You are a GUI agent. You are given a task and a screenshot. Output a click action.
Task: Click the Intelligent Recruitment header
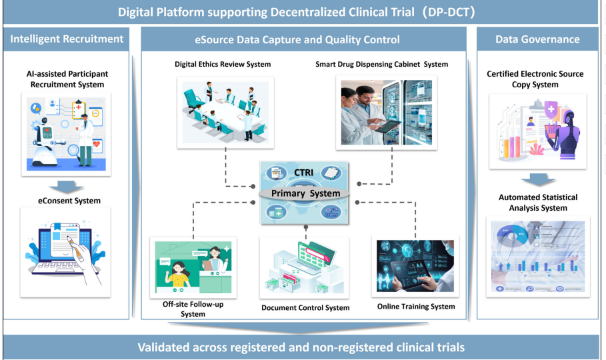[x=67, y=39]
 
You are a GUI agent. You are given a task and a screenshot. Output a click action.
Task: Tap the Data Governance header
[x=537, y=39]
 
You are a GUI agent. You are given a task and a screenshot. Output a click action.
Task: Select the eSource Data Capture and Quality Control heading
[x=297, y=39]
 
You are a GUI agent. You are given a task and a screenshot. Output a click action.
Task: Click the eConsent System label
[x=69, y=201]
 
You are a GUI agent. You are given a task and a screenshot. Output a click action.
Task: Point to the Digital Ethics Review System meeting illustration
[x=226, y=113]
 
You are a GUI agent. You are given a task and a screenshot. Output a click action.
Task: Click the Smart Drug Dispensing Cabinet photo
[x=387, y=113]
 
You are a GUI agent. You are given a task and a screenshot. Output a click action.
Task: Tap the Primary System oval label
[x=306, y=193]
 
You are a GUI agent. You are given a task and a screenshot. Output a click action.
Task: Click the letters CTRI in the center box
[x=304, y=173]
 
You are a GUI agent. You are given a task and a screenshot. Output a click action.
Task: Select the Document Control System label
[x=305, y=308]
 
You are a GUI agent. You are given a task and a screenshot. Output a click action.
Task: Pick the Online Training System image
[x=415, y=266]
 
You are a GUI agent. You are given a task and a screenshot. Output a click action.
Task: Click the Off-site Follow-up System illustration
[x=193, y=267]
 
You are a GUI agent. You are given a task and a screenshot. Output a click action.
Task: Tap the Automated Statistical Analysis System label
[x=538, y=203]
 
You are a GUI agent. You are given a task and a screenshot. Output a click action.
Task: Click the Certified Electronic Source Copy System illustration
[x=538, y=131]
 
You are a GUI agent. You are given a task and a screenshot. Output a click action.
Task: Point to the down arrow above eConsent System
[x=66, y=187]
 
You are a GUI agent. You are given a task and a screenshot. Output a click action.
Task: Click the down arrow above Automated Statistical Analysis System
[x=538, y=179]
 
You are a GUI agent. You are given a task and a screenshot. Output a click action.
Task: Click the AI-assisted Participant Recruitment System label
[x=67, y=79]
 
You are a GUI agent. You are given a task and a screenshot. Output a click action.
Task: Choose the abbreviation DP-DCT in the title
[x=449, y=13]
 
